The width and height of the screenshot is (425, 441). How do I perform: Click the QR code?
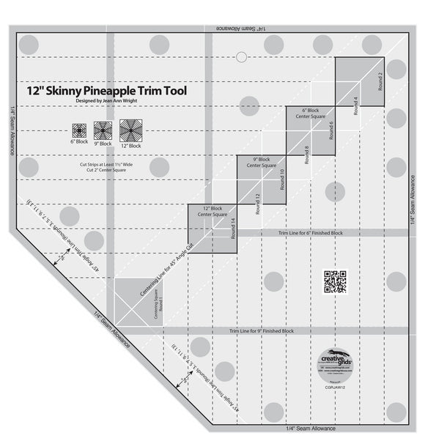(x=335, y=282)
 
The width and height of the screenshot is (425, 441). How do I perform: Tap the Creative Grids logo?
(x=334, y=361)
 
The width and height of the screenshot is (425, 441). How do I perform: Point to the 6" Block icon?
(x=79, y=130)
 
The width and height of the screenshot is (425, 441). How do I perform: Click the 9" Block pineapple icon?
(x=103, y=130)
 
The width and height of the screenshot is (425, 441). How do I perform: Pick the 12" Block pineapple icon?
(x=130, y=130)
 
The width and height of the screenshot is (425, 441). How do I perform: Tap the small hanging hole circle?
(x=241, y=56)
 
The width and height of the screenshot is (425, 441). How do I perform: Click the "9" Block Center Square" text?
(x=264, y=163)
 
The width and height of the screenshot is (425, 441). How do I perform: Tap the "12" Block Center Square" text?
(x=212, y=211)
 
